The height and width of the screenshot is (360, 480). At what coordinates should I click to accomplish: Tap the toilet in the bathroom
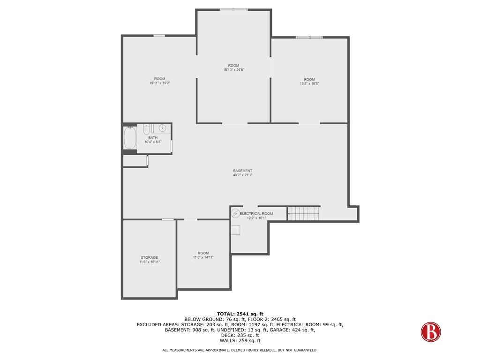[146, 129]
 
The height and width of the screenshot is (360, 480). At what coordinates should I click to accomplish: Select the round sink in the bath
[162, 128]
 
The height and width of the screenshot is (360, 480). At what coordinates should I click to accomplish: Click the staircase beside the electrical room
[304, 213]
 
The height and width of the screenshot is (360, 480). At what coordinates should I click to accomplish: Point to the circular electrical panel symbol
[235, 213]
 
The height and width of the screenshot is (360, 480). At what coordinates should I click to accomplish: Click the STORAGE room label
[150, 257]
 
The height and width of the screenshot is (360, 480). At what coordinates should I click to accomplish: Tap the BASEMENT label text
[243, 171]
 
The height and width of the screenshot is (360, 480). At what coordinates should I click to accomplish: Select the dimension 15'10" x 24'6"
[233, 70]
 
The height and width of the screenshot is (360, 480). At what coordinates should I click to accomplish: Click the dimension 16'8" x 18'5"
[309, 83]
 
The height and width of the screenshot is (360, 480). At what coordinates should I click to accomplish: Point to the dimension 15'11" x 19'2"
[160, 83]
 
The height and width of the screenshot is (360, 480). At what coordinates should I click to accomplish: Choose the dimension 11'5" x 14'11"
[203, 257]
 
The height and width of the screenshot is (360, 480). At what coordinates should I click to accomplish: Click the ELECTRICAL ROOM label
[256, 214]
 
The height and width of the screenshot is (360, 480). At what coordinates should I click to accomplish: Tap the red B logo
[431, 332]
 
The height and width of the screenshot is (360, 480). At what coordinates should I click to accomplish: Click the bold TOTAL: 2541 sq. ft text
[240, 314]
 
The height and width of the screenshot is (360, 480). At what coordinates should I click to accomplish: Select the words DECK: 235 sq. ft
[240, 335]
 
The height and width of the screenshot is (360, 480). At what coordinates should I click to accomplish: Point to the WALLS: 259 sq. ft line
[240, 340]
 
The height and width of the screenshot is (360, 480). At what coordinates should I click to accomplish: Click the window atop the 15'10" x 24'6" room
[233, 10]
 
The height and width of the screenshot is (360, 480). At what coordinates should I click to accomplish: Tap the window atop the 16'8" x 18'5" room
[309, 37]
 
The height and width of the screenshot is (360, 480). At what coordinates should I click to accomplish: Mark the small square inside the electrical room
[235, 230]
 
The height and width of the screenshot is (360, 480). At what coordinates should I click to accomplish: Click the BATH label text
[153, 138]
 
